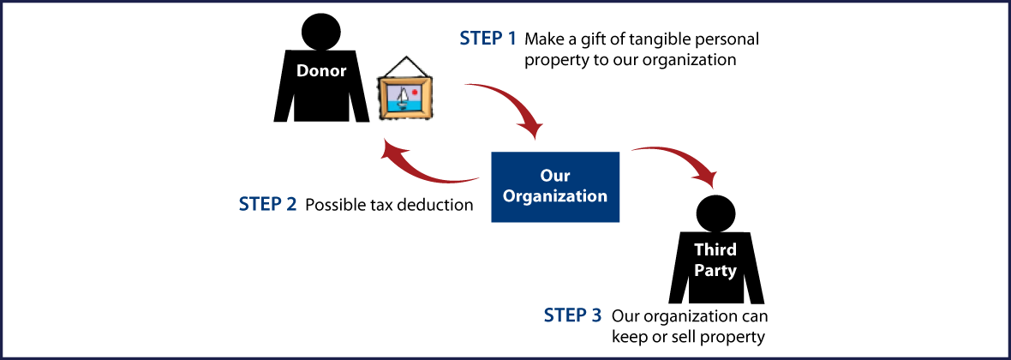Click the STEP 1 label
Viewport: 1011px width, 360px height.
(488, 39)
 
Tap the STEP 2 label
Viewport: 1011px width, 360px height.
(268, 205)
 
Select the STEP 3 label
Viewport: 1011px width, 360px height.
(573, 315)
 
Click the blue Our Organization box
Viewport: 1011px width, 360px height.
(554, 187)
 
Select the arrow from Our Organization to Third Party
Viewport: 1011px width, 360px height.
(681, 162)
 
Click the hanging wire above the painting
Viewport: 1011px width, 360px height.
(403, 62)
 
